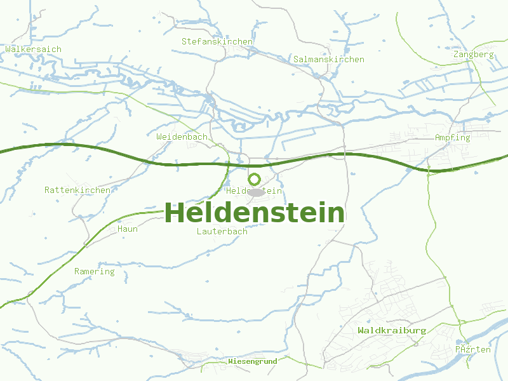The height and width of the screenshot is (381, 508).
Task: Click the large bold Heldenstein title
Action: point(255,213)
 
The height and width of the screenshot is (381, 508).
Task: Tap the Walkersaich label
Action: point(24,48)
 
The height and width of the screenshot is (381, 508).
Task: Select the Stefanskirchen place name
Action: point(217,41)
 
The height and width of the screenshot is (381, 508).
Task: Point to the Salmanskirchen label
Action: point(328,59)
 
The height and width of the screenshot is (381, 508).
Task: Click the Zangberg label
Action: point(473,54)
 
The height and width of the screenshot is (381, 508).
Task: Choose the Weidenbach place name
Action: point(182,137)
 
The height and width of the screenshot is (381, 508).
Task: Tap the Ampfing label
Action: point(452,137)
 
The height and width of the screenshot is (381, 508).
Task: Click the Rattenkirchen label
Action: point(77,190)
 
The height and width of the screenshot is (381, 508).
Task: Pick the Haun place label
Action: point(127,229)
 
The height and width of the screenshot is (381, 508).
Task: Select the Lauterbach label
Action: point(222,231)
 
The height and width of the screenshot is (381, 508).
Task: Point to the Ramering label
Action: point(94,271)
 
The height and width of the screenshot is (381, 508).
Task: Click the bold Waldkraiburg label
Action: point(391,330)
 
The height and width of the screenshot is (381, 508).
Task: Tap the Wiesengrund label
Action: point(252,361)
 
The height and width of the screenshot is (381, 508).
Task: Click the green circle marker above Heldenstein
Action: point(255,179)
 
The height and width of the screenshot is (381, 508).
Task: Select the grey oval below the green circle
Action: point(256,192)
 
